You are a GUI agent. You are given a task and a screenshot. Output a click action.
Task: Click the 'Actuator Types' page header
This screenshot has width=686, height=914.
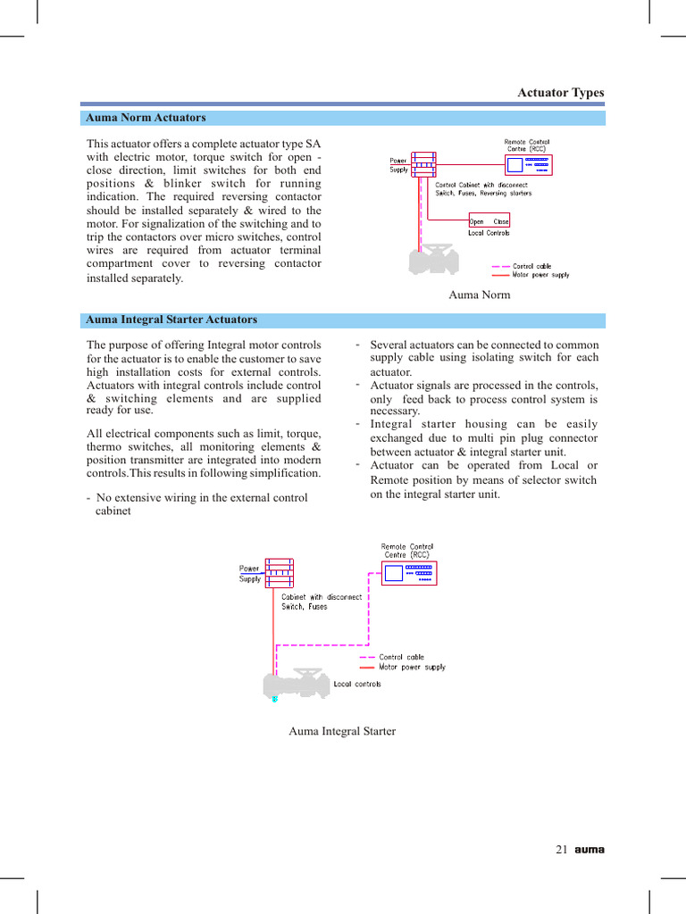click(561, 93)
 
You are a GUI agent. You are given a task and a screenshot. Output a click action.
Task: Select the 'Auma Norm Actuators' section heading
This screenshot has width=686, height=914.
click(145, 118)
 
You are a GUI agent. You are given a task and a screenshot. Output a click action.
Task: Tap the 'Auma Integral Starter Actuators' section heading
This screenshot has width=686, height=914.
click(171, 320)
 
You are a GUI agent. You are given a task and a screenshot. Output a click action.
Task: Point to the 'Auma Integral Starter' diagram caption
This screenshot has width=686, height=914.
click(342, 731)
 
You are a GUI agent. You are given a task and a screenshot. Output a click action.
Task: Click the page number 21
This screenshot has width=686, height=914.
click(562, 850)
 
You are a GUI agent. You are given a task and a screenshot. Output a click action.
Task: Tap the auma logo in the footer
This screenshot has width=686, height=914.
click(590, 850)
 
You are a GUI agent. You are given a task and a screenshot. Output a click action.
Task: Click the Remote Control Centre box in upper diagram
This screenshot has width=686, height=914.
click(527, 165)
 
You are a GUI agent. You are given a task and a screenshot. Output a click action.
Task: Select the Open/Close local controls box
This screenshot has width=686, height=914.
click(489, 221)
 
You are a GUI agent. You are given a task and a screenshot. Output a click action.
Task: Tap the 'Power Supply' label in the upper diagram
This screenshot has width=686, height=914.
click(398, 165)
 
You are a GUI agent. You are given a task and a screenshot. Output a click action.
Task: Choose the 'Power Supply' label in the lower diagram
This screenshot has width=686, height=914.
click(249, 573)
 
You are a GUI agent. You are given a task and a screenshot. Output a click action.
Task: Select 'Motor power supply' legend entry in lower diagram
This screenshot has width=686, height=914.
click(412, 667)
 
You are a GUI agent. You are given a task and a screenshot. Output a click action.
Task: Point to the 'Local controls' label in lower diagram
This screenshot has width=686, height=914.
click(357, 685)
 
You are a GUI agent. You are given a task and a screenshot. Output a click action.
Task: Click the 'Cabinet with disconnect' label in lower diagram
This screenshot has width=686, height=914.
click(322, 597)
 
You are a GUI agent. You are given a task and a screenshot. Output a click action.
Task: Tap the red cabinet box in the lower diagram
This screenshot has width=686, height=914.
click(280, 573)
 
